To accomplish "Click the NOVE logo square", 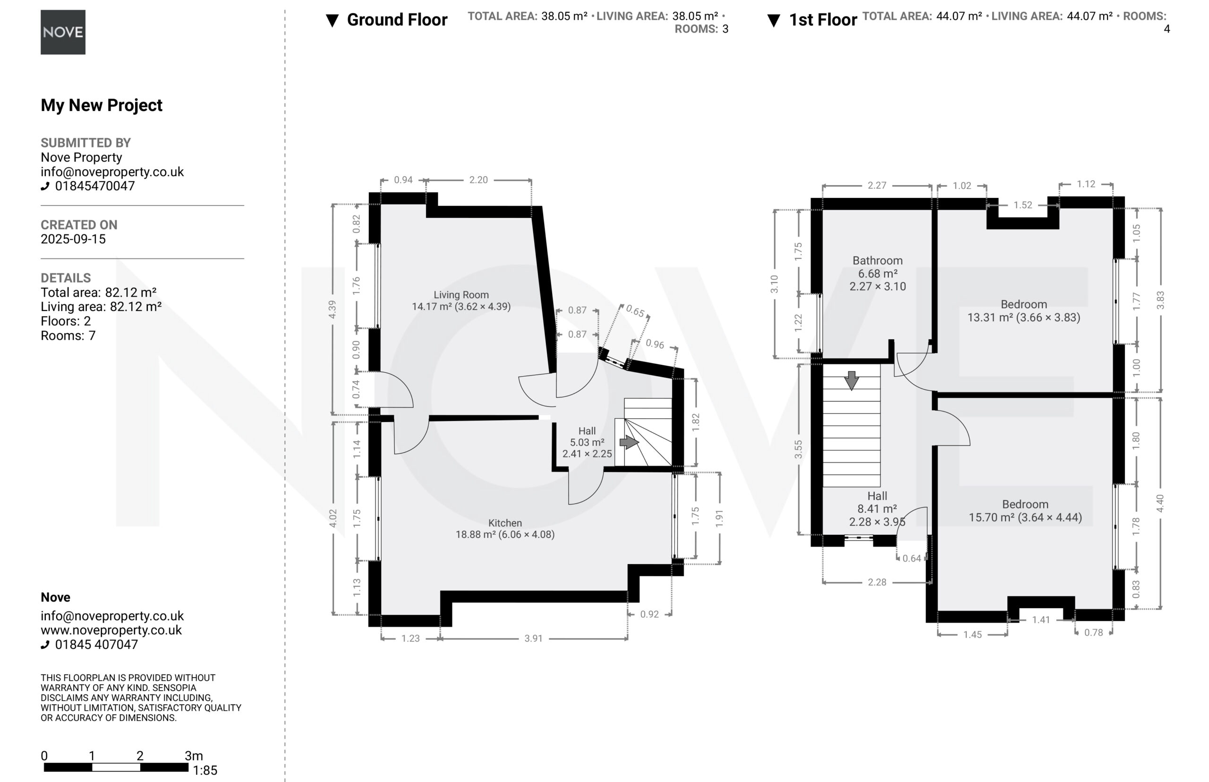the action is [63, 32].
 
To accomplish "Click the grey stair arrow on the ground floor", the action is [629, 442].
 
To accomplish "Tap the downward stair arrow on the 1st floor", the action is [851, 380].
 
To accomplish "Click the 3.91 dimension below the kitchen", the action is [534, 638].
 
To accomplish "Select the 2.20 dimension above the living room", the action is [478, 180].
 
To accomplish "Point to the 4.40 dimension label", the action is [1160, 503].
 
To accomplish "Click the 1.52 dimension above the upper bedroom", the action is [1023, 205].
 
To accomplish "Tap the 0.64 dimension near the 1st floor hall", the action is [911, 559].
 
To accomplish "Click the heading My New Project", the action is [102, 105].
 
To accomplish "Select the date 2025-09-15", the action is [73, 239].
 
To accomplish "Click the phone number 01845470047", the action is [95, 186].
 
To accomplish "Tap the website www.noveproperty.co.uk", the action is [111, 630].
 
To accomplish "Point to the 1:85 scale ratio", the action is [205, 770].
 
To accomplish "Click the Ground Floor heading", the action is [397, 20].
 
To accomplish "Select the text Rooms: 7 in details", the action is [68, 335].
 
